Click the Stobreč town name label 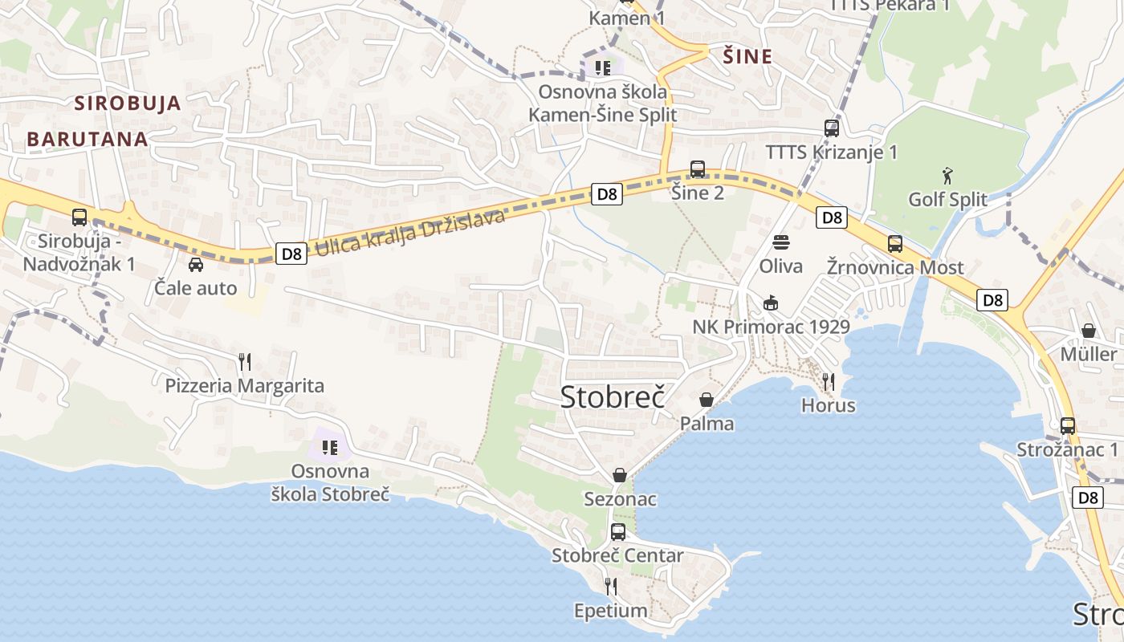pyautogui.click(x=613, y=396)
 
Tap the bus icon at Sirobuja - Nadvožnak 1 pyautogui.click(x=79, y=217)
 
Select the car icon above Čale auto pyautogui.click(x=195, y=264)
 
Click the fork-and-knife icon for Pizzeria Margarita pyautogui.click(x=245, y=362)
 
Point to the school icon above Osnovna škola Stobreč pyautogui.click(x=330, y=446)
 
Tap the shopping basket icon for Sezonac pyautogui.click(x=619, y=475)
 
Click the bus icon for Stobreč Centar pyautogui.click(x=617, y=531)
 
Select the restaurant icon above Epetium pyautogui.click(x=610, y=587)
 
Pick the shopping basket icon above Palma pyautogui.click(x=707, y=399)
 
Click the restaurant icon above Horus pyautogui.click(x=829, y=381)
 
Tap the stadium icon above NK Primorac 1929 pyautogui.click(x=771, y=303)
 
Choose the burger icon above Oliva pyautogui.click(x=780, y=242)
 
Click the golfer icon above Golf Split pyautogui.click(x=947, y=174)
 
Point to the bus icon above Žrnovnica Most pyautogui.click(x=894, y=243)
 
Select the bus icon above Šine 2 pyautogui.click(x=697, y=169)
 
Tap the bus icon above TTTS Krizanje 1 pyautogui.click(x=831, y=128)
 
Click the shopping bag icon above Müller pyautogui.click(x=1088, y=330)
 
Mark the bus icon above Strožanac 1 pyautogui.click(x=1067, y=425)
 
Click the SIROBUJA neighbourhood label pyautogui.click(x=128, y=103)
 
